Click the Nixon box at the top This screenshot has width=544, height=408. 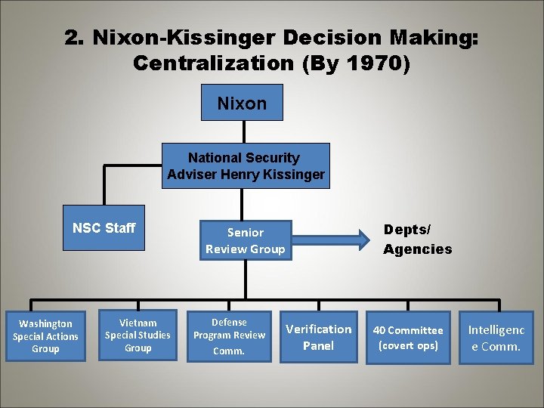[242, 103]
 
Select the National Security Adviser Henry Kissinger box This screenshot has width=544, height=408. [246, 166]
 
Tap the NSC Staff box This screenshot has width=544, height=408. [104, 228]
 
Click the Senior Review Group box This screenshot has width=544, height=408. [246, 241]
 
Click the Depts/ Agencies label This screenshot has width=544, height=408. [417, 239]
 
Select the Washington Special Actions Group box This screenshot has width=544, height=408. [45, 336]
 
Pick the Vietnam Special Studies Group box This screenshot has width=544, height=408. [138, 335]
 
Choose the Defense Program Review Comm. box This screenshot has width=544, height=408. [229, 336]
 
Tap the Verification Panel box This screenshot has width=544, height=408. [318, 337]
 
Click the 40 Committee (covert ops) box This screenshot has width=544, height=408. [408, 337]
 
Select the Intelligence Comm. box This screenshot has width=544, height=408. [496, 338]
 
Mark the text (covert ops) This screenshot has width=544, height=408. [408, 345]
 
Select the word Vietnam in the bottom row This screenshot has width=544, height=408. [138, 323]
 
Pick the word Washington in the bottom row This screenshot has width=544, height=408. [45, 323]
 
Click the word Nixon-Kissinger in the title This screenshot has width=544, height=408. [168, 37]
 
